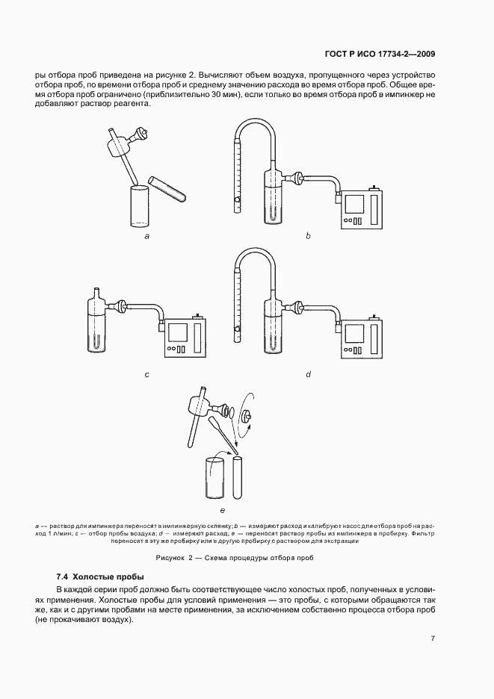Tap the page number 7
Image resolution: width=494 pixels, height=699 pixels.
433,638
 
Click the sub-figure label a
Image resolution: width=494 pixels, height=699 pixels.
147,236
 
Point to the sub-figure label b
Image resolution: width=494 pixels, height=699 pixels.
307,236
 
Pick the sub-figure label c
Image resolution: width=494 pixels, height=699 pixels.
147,374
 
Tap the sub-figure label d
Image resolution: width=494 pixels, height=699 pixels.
307,374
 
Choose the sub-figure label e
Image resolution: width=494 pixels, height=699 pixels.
222,509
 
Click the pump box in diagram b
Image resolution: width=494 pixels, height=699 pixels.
362,209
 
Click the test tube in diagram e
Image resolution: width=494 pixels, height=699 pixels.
238,478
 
